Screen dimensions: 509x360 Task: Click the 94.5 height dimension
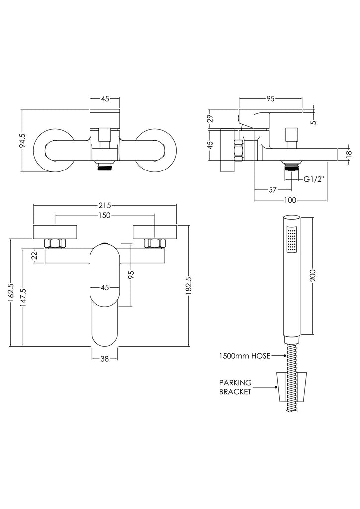(x=22, y=141)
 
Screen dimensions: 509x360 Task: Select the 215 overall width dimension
(x=104, y=205)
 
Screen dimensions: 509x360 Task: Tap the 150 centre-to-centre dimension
(x=104, y=215)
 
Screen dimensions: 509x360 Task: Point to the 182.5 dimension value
(x=189, y=286)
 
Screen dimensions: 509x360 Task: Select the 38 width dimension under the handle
(x=104, y=359)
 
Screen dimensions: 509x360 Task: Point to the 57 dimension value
(x=273, y=189)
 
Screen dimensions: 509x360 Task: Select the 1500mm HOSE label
(x=245, y=356)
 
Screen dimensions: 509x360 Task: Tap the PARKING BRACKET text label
(x=236, y=387)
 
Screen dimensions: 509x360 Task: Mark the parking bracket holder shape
(x=291, y=387)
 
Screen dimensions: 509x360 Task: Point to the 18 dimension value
(x=349, y=154)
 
